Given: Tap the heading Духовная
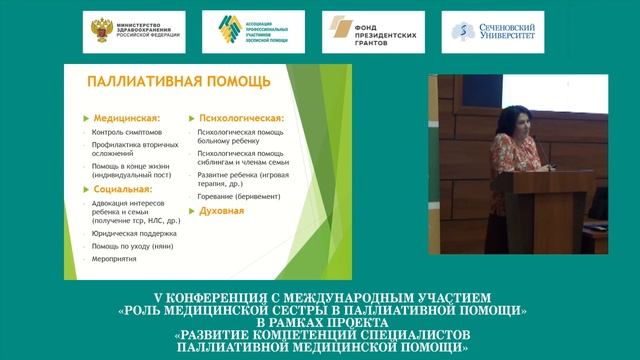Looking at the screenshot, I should point(222,213).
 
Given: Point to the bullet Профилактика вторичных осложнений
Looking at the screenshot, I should point(133,149).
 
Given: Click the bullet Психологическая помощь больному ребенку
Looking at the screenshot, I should point(242,136).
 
